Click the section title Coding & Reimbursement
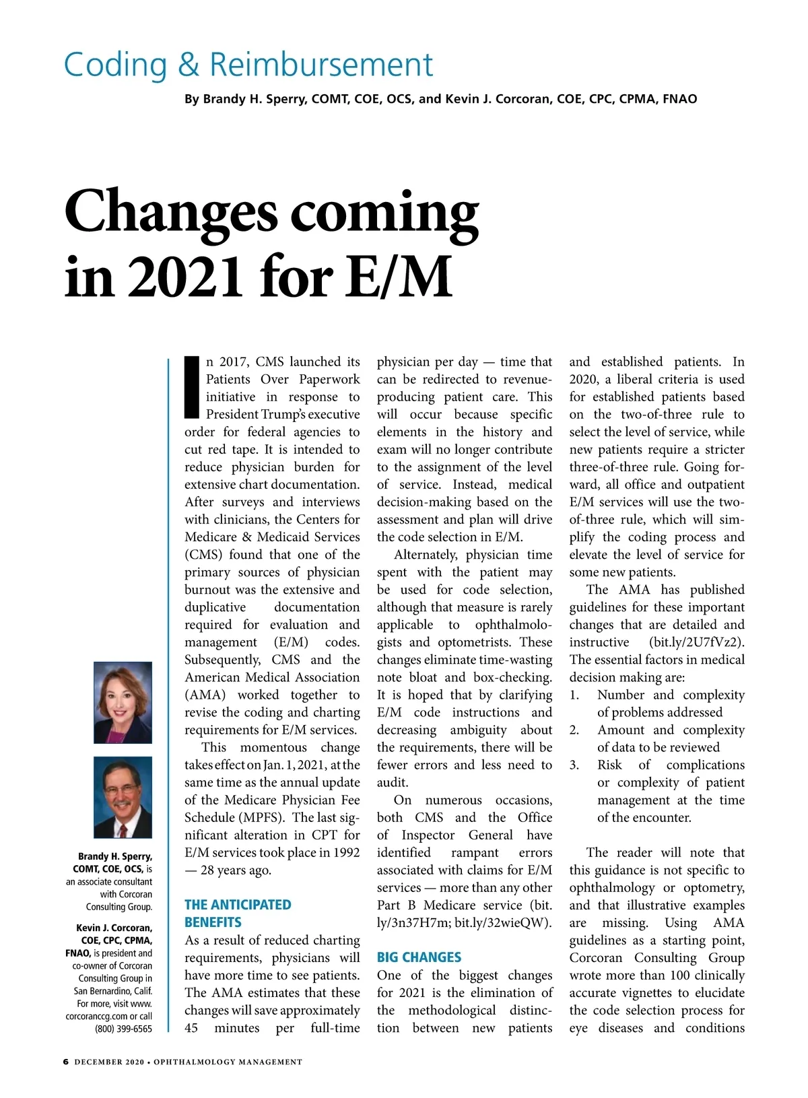[248, 65]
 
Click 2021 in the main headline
[186, 277]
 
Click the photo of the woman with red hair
[123, 702]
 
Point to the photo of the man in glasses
[123, 797]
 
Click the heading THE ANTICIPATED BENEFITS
[238, 914]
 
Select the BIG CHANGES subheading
[419, 957]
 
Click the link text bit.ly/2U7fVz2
[697, 642]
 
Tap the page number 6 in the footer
[65, 1062]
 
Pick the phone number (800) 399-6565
[123, 1029]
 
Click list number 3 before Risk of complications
[574, 765]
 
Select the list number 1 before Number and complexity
[574, 695]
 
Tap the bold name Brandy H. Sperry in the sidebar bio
[114, 856]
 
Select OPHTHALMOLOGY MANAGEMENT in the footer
[228, 1062]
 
